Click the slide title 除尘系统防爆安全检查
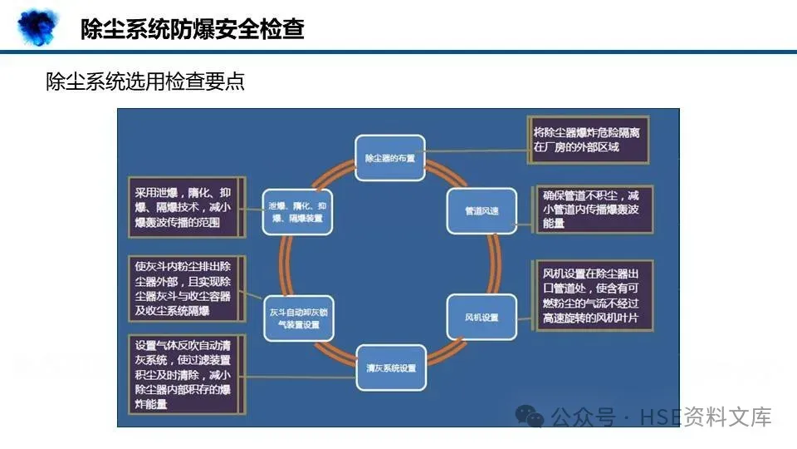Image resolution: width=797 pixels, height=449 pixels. pos(192,30)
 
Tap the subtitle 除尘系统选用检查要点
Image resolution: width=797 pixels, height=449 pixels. pos(145,82)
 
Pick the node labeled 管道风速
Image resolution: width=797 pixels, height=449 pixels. pos(482,210)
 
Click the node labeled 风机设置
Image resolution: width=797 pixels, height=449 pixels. pos(482,317)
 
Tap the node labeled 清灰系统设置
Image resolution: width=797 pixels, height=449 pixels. pos(390,367)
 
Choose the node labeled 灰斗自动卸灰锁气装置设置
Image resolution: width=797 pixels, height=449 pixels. pos(299,318)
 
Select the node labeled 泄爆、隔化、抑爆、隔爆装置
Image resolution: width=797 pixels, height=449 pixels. pos(296,210)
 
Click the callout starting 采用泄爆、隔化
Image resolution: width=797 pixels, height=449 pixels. pos(185,206)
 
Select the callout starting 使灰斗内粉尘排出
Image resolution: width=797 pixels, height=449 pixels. pos(185,289)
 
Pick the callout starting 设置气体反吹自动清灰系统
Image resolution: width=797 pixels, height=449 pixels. pos(185,374)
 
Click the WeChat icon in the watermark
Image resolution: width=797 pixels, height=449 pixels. pos(529,415)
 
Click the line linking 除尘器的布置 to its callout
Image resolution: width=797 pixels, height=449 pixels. pos(477,151)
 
